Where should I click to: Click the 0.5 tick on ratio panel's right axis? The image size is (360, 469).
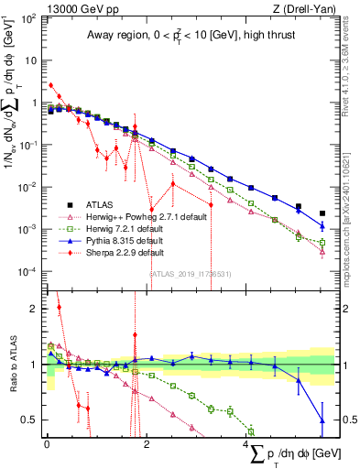341,420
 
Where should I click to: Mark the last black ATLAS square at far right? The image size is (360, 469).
322,213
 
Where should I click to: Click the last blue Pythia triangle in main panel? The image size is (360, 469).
322,225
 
